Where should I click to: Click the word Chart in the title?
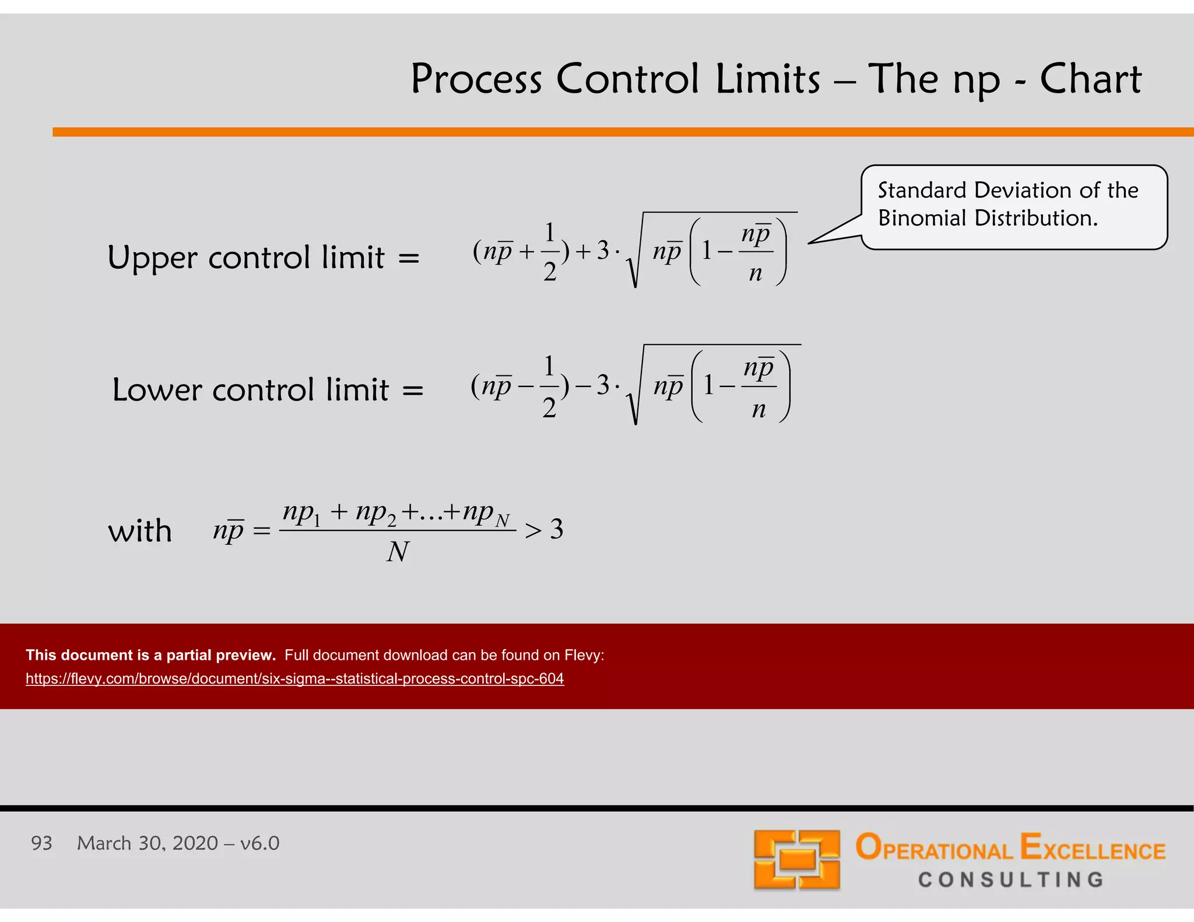[1090, 79]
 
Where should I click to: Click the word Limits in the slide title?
[768, 79]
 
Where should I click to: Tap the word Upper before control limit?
[152, 258]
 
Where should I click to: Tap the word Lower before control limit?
[156, 390]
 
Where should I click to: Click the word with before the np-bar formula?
[140, 531]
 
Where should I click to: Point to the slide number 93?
[41, 843]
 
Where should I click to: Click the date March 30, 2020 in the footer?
[148, 843]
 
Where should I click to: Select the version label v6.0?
[259, 843]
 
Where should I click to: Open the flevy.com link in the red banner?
[294, 679]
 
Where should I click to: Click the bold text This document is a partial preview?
[150, 655]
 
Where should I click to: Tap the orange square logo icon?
[796, 859]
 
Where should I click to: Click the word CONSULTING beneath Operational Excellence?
[1011, 879]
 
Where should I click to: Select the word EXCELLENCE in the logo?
[1093, 848]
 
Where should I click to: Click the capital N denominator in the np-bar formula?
[398, 551]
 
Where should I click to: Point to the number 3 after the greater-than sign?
[557, 529]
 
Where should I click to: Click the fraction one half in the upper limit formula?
[550, 252]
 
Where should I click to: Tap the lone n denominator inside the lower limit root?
[758, 410]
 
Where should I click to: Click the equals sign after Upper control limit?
[409, 258]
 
